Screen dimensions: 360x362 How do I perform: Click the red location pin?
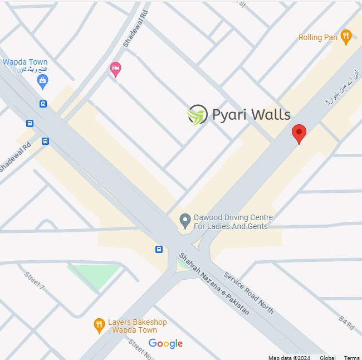[299, 133]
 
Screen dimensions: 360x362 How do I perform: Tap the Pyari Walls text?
[251, 115]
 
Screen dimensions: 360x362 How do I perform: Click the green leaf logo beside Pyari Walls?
[197, 115]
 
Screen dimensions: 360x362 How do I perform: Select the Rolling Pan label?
[318, 37]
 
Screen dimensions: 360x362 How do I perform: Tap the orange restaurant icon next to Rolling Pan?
[346, 37]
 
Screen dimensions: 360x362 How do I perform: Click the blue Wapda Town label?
[25, 62]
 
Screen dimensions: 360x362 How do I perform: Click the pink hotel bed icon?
[115, 69]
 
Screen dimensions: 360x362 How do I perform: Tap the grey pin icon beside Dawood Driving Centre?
[185, 221]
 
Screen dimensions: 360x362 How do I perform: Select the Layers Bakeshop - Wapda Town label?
[137, 326]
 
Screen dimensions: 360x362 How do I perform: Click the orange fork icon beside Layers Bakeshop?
[99, 325]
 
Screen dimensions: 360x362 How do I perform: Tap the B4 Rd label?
[346, 324]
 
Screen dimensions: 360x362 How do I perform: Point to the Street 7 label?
[34, 280]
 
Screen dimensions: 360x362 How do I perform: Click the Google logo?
[165, 343]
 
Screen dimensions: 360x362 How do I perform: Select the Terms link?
[351, 357]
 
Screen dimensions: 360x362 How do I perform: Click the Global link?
[327, 357]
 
